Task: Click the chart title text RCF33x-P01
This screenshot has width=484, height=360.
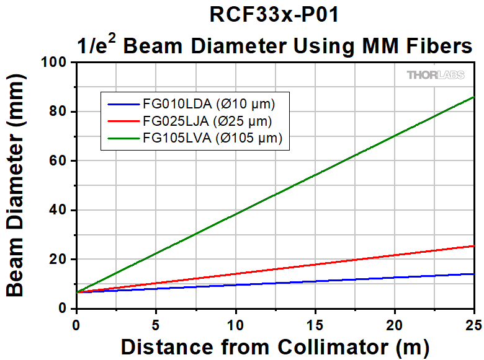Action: [274, 15]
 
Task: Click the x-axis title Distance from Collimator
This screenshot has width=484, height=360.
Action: [274, 346]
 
